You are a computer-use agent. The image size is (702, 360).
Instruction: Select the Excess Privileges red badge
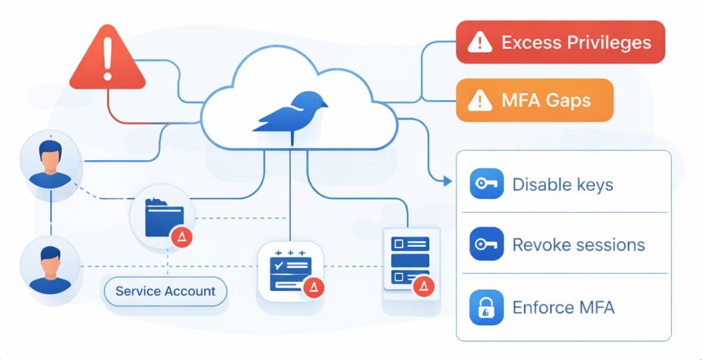[x=560, y=43]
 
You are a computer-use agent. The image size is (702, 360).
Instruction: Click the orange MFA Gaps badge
[x=534, y=100]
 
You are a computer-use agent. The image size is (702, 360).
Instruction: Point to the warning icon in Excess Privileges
[x=480, y=43]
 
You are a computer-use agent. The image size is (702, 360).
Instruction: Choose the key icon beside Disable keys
[x=486, y=184]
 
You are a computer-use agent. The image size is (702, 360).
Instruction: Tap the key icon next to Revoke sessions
[x=486, y=244]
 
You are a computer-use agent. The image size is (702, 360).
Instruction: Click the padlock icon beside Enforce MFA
[x=486, y=307]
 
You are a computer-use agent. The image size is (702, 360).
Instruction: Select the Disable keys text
[x=562, y=185]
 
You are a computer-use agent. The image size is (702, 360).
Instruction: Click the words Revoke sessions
[x=578, y=244]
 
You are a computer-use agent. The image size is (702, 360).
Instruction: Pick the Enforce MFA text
[x=563, y=307]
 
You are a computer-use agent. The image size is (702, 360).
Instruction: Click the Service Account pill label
[x=165, y=291]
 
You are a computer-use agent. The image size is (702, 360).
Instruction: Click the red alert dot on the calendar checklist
[x=313, y=287]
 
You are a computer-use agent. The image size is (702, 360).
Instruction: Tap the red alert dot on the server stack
[x=424, y=286]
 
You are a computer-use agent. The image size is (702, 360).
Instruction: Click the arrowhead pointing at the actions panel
[x=446, y=182]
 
